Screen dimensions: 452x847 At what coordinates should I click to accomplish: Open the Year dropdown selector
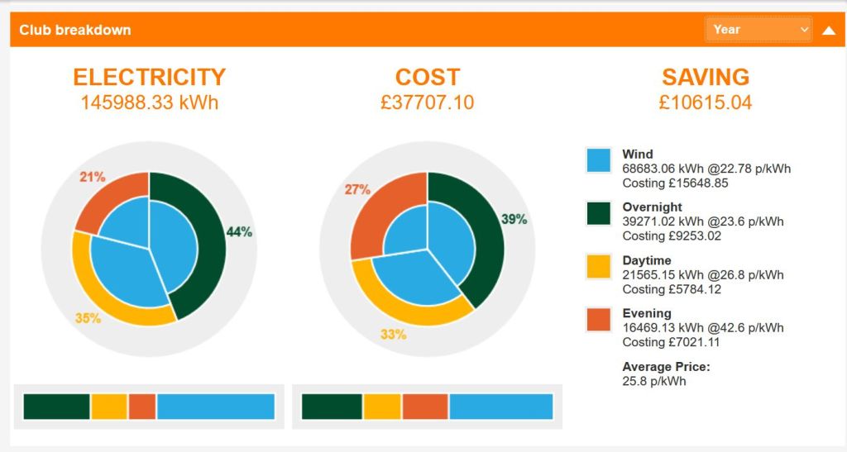(x=758, y=29)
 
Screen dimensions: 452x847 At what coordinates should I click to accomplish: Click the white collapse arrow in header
(x=829, y=31)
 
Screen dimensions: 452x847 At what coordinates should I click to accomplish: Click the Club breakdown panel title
(x=75, y=30)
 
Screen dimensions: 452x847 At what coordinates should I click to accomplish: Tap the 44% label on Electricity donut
(x=239, y=232)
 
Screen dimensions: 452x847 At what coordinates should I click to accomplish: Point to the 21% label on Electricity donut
(x=92, y=177)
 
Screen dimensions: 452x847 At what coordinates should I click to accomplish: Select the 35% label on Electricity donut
(x=88, y=318)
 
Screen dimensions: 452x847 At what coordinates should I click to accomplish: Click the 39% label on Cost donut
(x=514, y=219)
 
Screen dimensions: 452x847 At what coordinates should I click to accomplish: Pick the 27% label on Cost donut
(x=357, y=190)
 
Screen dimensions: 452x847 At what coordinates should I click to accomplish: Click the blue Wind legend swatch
(x=598, y=160)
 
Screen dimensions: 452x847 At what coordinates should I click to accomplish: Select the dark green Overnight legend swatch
(x=598, y=213)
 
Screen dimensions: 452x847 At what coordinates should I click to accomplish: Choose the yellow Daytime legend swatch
(x=598, y=266)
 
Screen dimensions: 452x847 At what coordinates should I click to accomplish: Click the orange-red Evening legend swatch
(x=598, y=320)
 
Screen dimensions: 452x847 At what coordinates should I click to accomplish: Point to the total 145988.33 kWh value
(x=150, y=103)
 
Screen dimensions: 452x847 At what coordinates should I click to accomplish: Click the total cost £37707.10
(x=428, y=103)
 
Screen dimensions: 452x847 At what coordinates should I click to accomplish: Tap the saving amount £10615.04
(x=706, y=103)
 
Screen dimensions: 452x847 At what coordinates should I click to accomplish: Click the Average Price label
(x=666, y=367)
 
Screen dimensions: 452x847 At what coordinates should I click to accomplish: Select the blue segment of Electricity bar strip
(x=215, y=407)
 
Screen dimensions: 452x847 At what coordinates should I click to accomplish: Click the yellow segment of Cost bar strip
(x=382, y=407)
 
